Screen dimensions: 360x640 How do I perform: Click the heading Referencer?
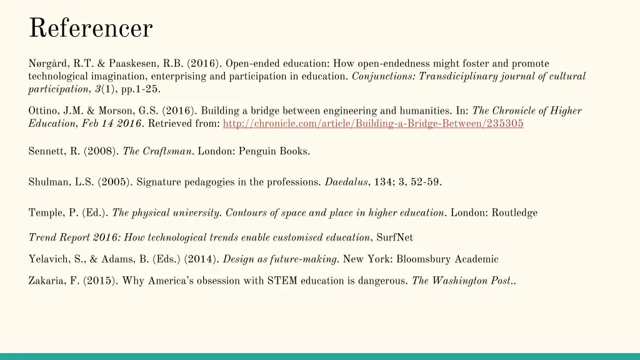pos(91,28)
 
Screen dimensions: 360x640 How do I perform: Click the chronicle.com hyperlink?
pos(373,124)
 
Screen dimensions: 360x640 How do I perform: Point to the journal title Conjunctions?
pos(383,76)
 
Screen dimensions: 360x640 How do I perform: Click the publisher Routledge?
pos(514,213)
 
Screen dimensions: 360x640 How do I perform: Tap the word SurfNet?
pos(395,237)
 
